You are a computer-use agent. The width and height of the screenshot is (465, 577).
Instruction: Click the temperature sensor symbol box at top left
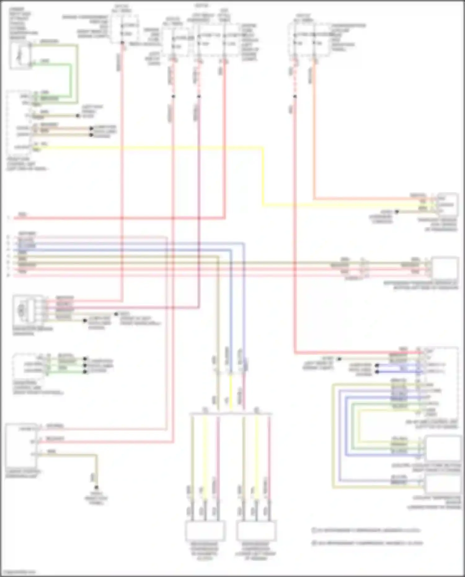click(20, 55)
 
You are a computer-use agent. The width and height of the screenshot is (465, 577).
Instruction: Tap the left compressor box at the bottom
click(205, 531)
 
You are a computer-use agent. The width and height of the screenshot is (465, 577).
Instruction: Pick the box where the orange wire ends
click(448, 204)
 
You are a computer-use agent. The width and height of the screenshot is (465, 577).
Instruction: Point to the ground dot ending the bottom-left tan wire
click(96, 487)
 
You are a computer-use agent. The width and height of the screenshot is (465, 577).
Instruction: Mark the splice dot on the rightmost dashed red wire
click(295, 96)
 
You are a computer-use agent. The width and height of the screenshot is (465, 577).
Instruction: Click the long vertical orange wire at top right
click(314, 130)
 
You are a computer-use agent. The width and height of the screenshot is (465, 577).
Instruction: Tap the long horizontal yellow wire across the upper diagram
click(155, 148)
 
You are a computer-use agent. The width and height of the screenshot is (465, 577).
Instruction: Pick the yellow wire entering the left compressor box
click(204, 465)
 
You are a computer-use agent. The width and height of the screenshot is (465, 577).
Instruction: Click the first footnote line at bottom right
click(366, 530)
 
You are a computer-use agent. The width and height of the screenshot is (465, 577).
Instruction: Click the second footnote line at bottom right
click(367, 543)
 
